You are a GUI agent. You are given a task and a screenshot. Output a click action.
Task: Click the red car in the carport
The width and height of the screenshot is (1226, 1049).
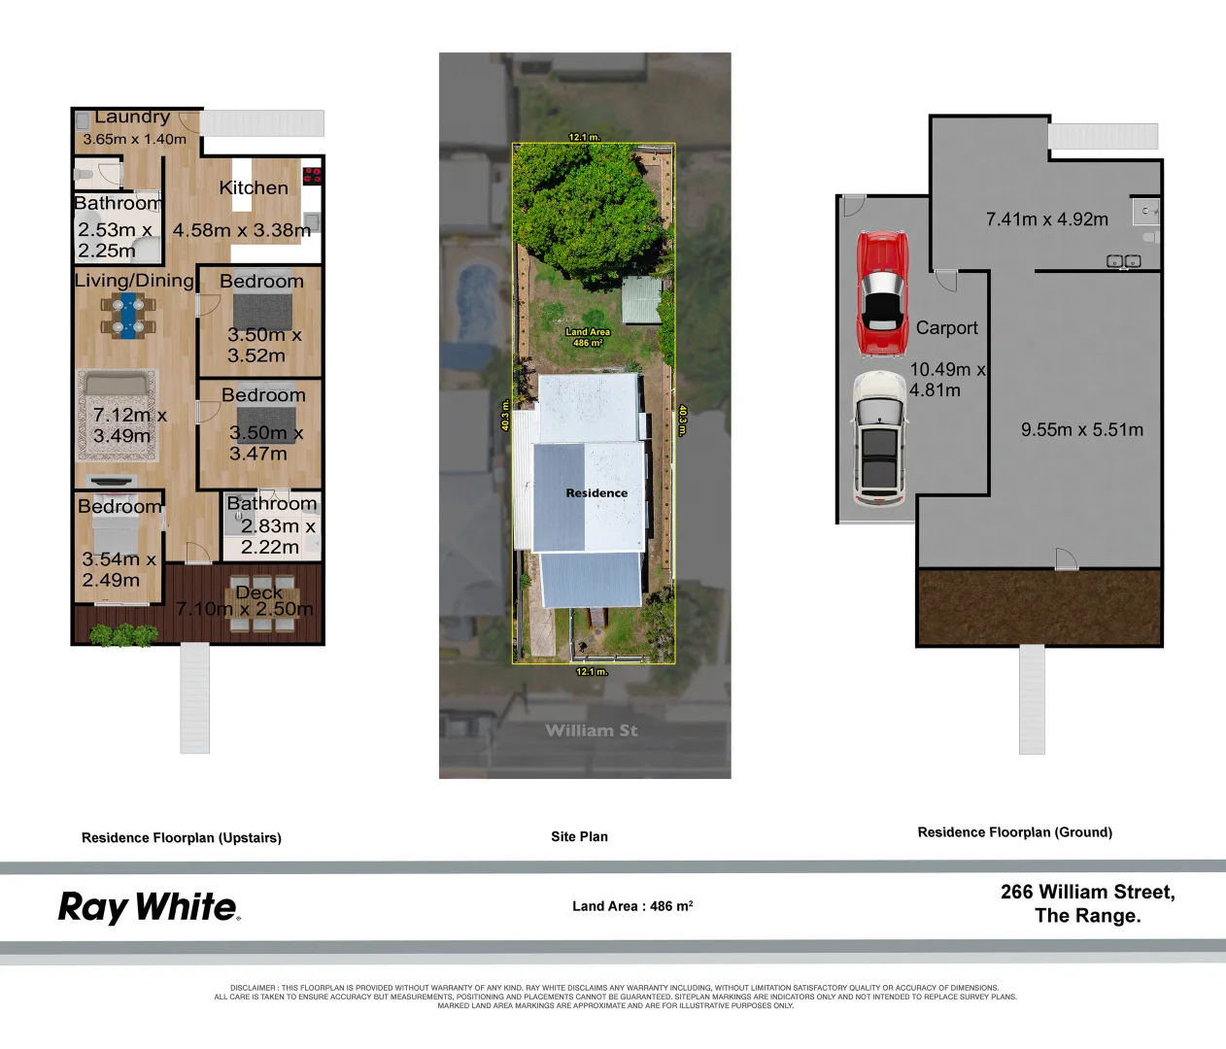(x=881, y=294)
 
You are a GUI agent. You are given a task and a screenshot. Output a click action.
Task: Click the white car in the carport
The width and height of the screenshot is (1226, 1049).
(x=879, y=438)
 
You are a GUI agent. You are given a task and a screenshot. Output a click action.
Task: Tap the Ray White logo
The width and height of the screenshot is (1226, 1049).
(x=149, y=907)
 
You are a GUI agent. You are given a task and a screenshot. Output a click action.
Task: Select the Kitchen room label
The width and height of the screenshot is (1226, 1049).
(x=254, y=188)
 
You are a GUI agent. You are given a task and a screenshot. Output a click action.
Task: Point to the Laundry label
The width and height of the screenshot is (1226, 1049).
(x=132, y=118)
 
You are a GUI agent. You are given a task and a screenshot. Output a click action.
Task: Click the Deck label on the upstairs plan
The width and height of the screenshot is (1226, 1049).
(x=258, y=592)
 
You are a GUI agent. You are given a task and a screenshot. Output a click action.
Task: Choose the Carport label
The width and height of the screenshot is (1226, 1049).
(x=946, y=328)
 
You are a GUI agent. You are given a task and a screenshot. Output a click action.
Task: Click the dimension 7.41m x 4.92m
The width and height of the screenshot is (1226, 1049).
(x=1046, y=220)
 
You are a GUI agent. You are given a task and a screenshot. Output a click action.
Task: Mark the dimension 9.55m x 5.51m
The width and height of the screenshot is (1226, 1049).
(x=1081, y=429)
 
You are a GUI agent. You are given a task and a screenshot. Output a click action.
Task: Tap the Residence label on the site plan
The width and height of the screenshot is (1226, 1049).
(x=596, y=493)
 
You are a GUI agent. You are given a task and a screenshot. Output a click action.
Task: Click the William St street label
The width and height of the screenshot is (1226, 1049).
(x=591, y=730)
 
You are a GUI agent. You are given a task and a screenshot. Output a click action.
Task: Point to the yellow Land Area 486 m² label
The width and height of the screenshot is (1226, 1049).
(x=588, y=337)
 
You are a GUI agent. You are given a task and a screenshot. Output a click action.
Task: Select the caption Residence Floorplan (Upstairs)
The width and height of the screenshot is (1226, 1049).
(x=182, y=837)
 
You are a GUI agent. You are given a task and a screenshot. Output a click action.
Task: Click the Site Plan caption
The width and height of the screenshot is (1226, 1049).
(x=579, y=836)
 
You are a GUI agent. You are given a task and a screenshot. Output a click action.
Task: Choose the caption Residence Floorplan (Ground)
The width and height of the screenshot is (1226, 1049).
(x=1014, y=832)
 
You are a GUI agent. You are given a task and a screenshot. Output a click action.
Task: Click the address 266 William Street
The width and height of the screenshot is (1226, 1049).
(x=1087, y=892)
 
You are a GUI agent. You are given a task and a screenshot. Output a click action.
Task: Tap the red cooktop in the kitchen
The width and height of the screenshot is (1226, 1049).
(x=312, y=176)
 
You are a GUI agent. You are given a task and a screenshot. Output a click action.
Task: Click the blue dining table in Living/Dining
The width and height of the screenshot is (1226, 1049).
(x=127, y=316)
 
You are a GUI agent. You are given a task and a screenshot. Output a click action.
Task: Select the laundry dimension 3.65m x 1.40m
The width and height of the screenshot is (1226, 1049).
(x=134, y=139)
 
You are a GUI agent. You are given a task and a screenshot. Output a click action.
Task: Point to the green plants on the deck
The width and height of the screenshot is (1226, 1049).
(x=123, y=635)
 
